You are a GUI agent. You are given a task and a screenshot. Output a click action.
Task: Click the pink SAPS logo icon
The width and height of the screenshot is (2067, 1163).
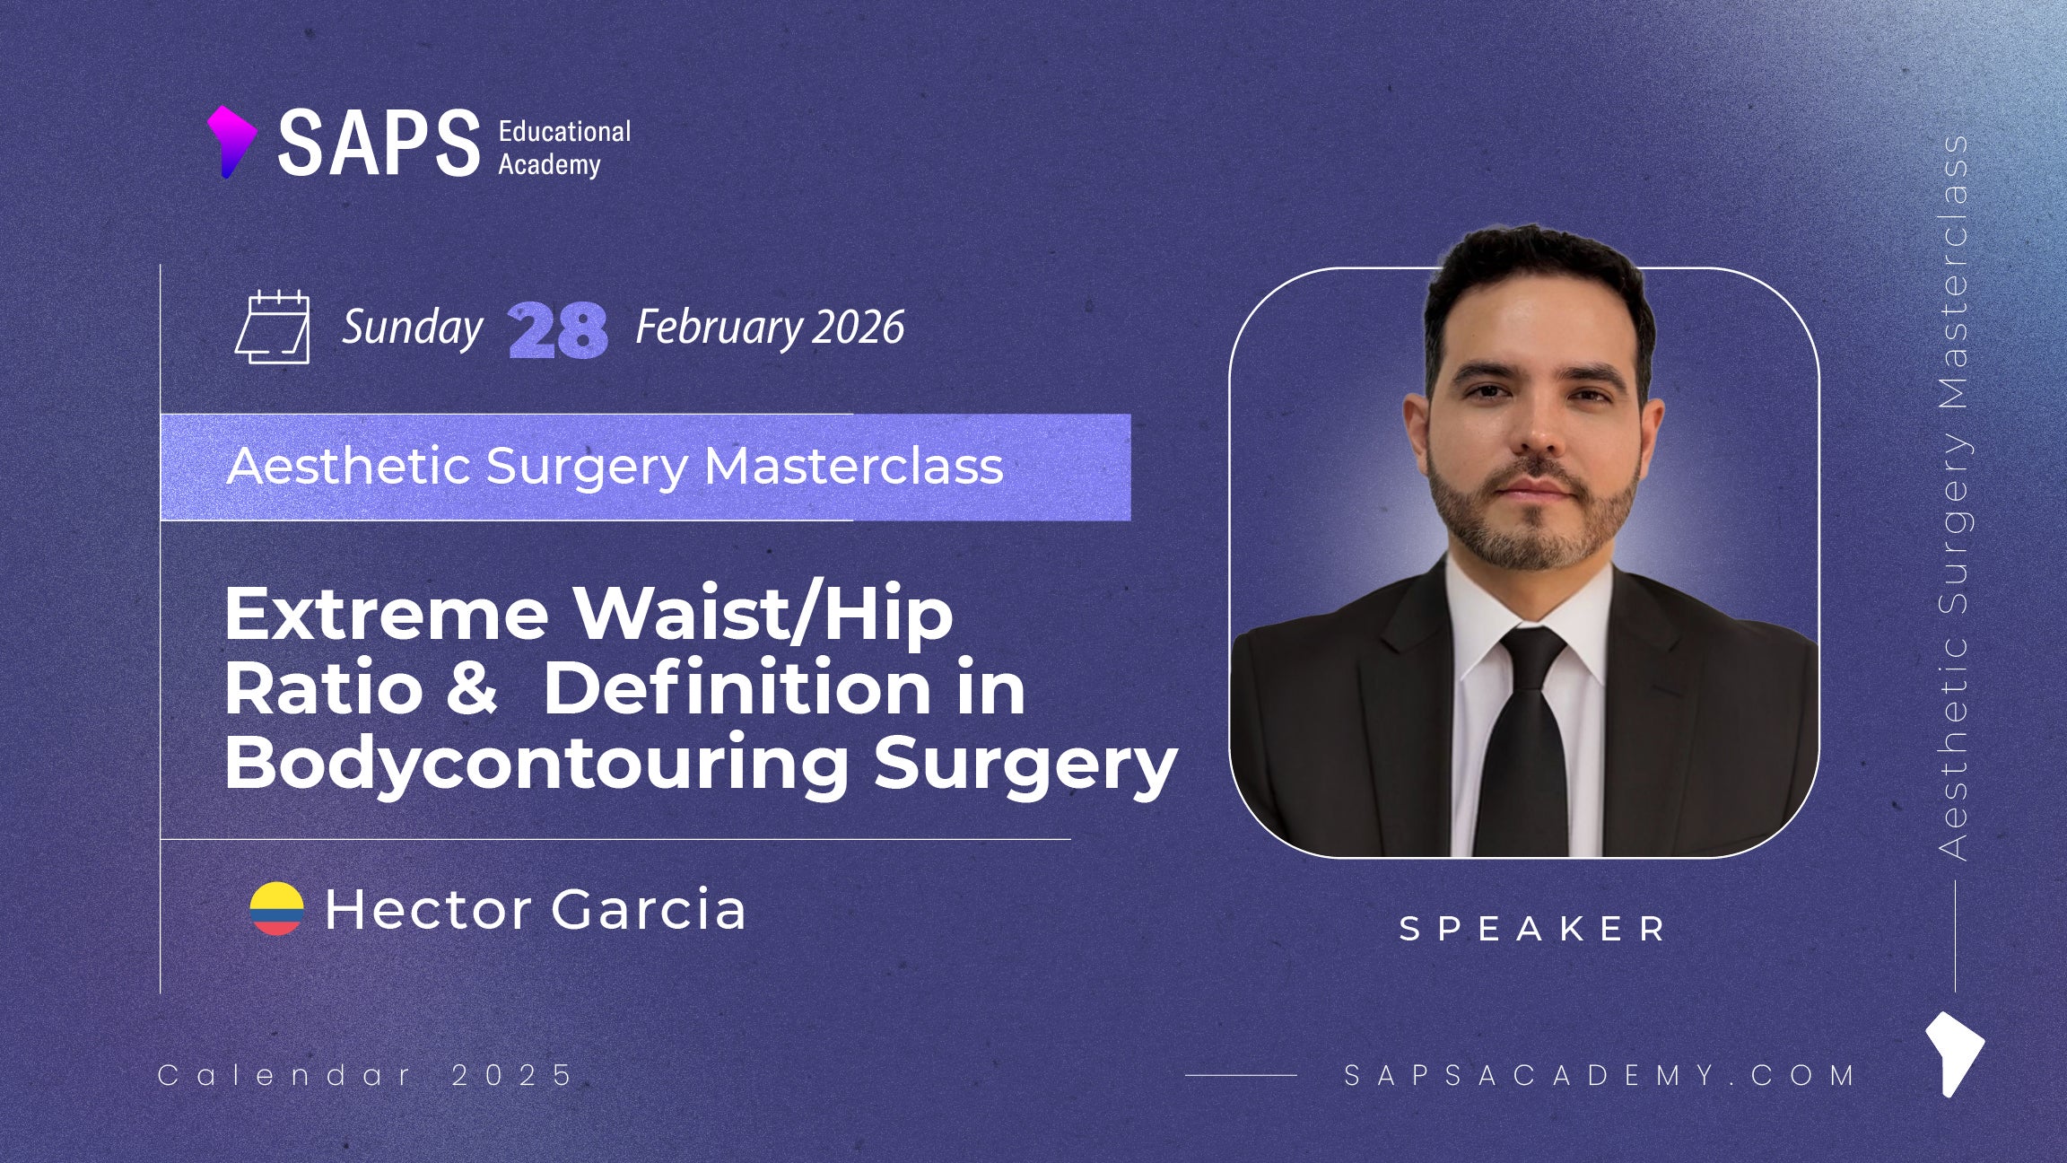[231, 142]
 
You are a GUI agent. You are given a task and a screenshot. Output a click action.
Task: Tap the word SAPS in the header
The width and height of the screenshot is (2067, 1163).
[379, 143]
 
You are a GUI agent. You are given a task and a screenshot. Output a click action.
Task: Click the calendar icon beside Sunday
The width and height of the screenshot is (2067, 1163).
[273, 327]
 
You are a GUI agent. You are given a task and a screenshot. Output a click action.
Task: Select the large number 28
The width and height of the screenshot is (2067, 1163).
[557, 330]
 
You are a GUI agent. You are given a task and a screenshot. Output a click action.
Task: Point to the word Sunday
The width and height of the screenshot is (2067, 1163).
[413, 328]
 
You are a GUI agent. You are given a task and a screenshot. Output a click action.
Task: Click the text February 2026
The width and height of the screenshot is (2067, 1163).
[770, 327]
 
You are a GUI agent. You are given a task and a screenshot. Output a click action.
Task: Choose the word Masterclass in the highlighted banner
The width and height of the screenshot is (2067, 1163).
[853, 466]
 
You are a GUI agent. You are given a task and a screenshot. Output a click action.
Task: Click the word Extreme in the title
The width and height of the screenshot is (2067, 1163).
[387, 615]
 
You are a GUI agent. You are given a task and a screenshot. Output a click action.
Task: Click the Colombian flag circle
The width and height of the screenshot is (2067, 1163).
[276, 908]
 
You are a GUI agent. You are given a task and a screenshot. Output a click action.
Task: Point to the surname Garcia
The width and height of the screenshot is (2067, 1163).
[648, 909]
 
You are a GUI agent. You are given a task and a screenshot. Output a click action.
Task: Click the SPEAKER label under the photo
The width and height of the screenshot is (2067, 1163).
[1532, 929]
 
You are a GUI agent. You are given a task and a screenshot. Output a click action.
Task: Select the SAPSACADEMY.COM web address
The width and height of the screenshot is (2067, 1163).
[1599, 1075]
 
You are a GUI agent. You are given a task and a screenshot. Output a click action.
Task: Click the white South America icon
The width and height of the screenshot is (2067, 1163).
[1954, 1054]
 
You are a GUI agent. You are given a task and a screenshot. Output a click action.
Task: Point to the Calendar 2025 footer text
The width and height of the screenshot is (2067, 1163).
[365, 1075]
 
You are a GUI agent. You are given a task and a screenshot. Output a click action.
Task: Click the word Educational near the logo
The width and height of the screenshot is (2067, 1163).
[564, 131]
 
